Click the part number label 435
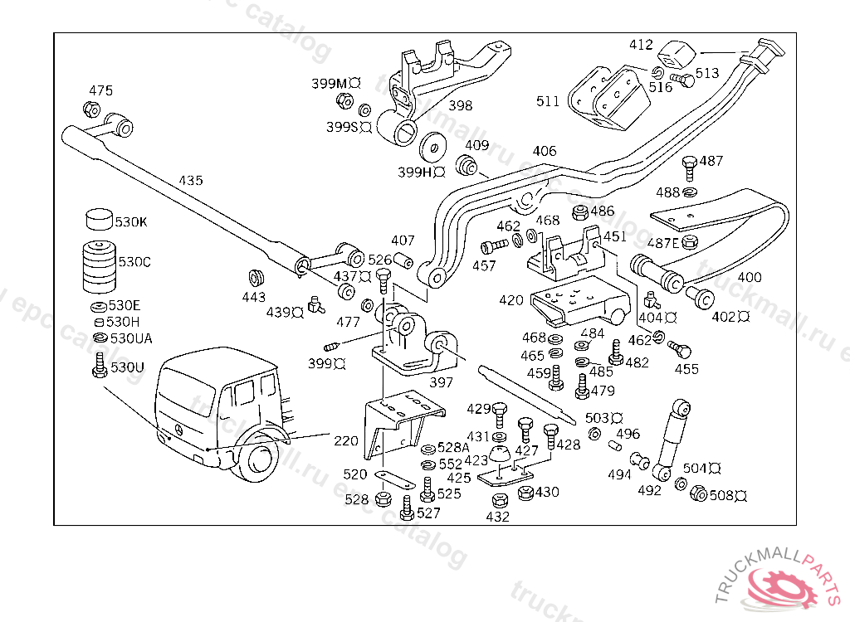tap(191, 180)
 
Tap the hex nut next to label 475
tap(91, 109)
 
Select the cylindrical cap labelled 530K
tap(99, 220)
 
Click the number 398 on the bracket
tap(460, 105)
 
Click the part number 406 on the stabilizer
tap(545, 151)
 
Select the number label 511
tap(548, 101)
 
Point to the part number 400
tap(749, 277)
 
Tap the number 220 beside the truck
tap(346, 440)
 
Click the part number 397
tap(441, 382)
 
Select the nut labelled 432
tap(499, 501)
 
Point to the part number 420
tap(511, 299)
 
